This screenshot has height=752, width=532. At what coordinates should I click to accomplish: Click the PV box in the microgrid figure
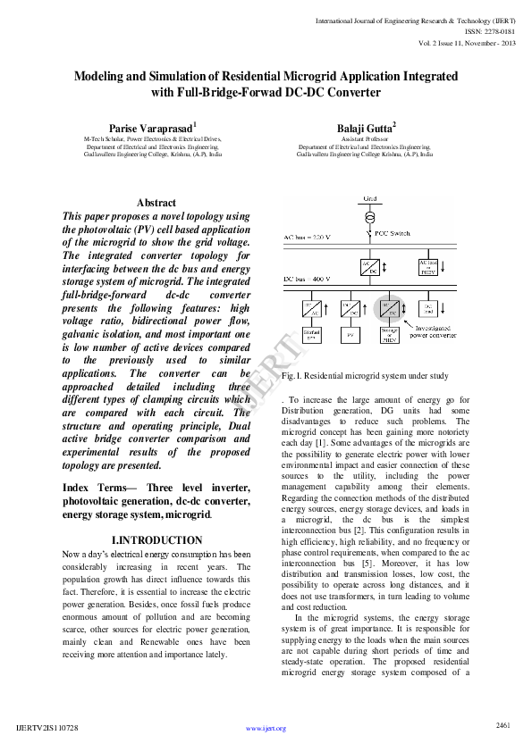(350, 336)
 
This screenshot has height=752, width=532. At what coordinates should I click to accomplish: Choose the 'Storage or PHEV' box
(390, 336)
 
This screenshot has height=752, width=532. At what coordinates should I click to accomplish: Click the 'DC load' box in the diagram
(429, 308)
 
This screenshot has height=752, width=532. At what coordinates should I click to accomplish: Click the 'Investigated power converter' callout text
(430, 333)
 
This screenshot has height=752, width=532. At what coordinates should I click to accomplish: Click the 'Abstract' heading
(156, 203)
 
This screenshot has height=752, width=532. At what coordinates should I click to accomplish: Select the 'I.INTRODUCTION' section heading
(156, 540)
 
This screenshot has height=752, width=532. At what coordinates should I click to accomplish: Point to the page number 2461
(502, 724)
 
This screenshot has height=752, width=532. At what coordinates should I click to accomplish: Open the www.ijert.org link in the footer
(266, 729)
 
